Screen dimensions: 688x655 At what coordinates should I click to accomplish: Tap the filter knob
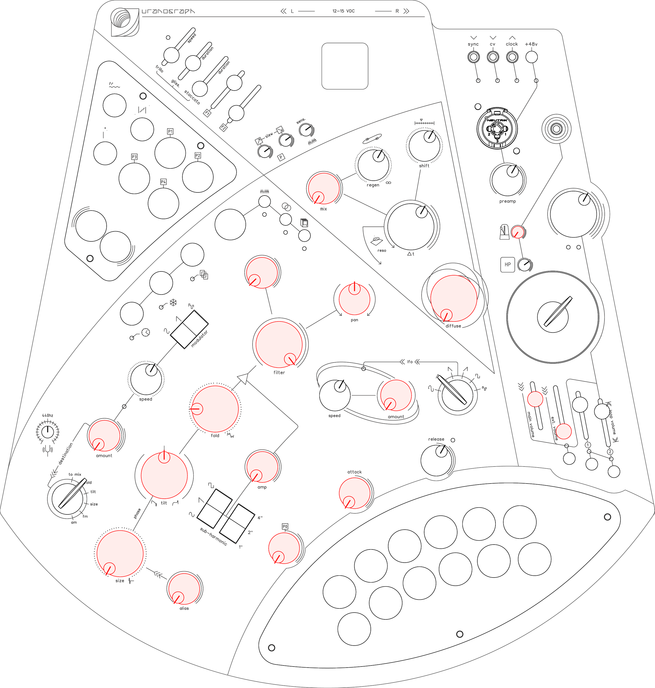click(279, 344)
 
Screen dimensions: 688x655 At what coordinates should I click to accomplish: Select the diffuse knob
click(454, 298)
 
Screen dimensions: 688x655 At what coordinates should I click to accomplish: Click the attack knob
click(354, 493)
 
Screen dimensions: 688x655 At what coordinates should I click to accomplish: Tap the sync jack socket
click(473, 57)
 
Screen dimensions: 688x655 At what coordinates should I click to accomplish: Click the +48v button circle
click(531, 57)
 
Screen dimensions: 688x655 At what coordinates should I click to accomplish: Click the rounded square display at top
click(345, 66)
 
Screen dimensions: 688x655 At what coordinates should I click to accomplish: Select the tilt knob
click(164, 475)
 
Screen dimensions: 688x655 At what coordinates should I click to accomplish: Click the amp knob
click(261, 467)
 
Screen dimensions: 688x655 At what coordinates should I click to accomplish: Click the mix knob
click(324, 188)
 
